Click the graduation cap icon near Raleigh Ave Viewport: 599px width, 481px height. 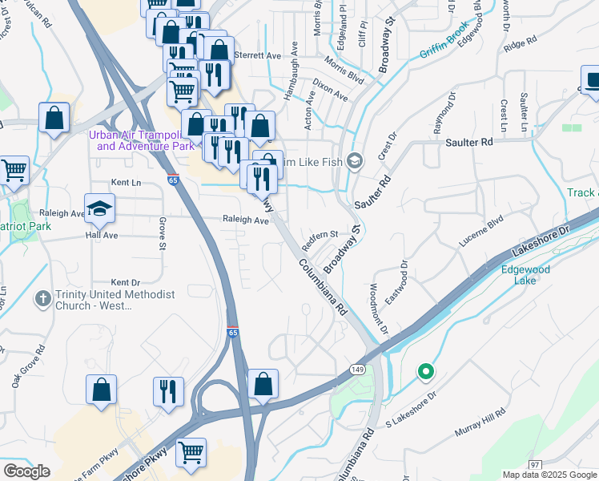click(x=99, y=209)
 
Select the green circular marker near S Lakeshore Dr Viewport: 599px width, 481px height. click(x=426, y=371)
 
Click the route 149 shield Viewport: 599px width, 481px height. click(x=358, y=366)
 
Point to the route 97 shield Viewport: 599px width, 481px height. click(x=534, y=464)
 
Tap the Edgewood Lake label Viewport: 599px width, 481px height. click(x=525, y=275)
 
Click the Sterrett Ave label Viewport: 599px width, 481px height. click(x=257, y=56)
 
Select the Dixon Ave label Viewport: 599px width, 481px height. click(x=330, y=89)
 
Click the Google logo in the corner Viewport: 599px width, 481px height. click(x=26, y=471)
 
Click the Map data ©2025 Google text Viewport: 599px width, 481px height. click(x=549, y=475)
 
